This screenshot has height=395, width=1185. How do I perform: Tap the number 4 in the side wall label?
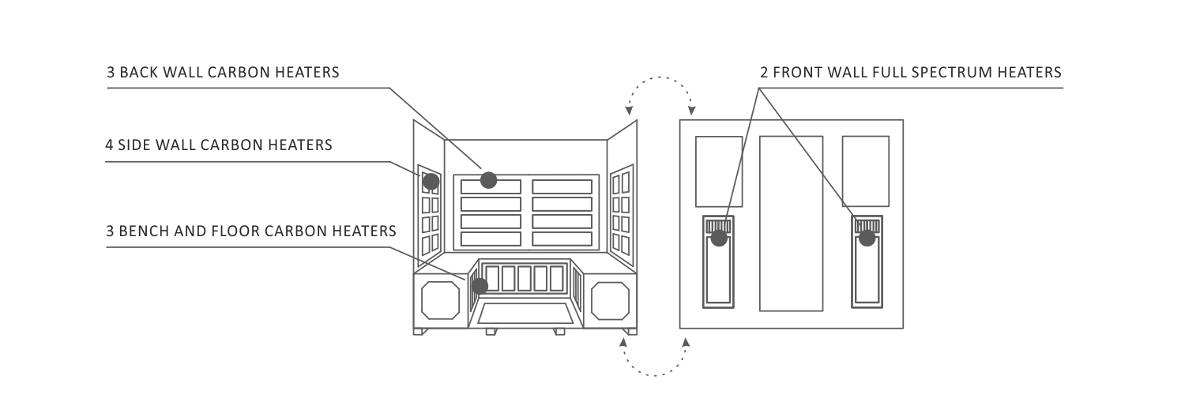(x=108, y=145)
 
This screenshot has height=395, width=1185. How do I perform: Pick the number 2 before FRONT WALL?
(x=763, y=73)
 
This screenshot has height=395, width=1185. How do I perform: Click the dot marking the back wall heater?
(x=488, y=180)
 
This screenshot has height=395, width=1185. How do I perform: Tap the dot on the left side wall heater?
(x=431, y=182)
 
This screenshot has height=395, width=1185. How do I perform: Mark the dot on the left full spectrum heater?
(x=718, y=236)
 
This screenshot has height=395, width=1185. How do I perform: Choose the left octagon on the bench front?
(x=440, y=300)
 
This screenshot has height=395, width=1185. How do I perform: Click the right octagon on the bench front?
(x=610, y=300)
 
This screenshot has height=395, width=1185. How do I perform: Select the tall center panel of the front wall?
(x=791, y=223)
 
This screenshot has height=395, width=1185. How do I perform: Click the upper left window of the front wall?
(x=718, y=171)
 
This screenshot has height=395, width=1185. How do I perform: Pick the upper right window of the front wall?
(x=866, y=171)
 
